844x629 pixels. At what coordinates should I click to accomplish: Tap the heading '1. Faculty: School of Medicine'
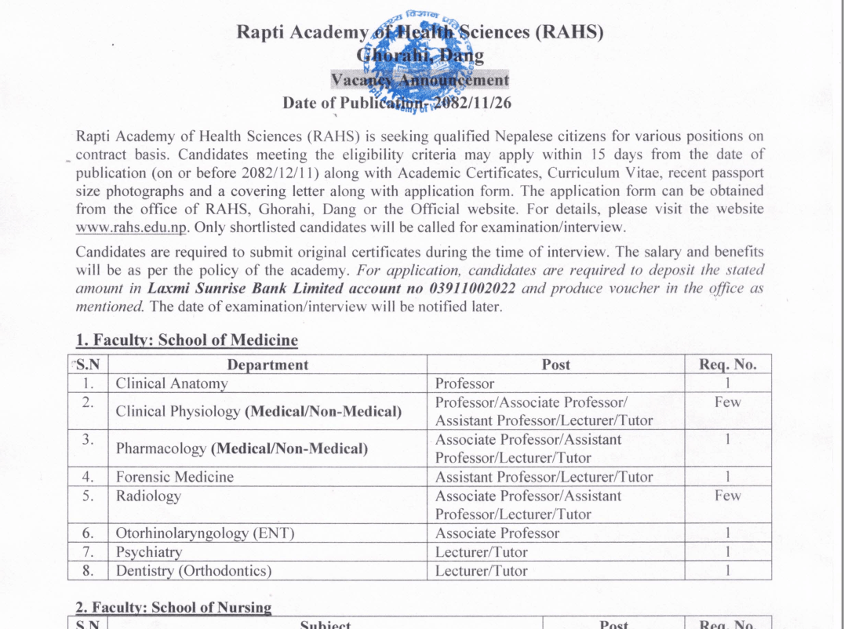click(x=187, y=340)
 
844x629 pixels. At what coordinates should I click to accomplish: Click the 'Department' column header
click(x=267, y=365)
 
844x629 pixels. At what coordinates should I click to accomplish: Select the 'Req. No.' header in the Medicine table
click(x=727, y=365)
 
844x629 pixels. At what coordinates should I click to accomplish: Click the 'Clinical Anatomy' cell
click(x=172, y=384)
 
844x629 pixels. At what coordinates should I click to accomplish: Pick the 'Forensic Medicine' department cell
click(x=175, y=477)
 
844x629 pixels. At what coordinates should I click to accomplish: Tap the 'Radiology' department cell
click(x=148, y=496)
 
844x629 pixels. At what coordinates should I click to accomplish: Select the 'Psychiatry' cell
click(x=149, y=552)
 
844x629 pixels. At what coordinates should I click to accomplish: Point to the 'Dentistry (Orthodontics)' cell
click(x=194, y=571)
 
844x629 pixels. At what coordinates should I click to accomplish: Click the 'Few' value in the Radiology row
click(x=727, y=496)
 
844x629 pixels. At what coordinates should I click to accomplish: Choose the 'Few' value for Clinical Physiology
click(x=727, y=402)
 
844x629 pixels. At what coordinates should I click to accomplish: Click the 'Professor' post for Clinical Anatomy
click(x=465, y=384)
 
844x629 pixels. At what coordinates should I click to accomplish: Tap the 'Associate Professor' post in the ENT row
click(x=497, y=533)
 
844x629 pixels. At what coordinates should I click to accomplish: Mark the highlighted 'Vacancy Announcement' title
click(x=420, y=80)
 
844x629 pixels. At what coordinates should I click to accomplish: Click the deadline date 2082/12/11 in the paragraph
click(x=280, y=172)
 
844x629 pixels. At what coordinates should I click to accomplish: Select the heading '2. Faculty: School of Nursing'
click(x=173, y=608)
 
